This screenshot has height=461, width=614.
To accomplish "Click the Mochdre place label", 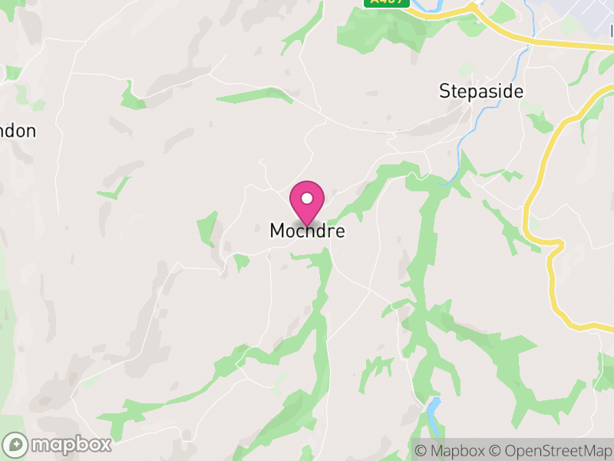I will (307, 230).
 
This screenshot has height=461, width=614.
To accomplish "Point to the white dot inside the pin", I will (307, 198).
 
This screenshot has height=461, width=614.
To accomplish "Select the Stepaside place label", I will (480, 91).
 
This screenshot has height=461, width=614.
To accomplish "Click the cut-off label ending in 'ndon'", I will (17, 131).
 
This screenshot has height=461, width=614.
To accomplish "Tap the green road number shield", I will (385, 2).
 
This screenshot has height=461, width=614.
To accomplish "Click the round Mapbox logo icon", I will (16, 444).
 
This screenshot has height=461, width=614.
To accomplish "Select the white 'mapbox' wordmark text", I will (71, 444).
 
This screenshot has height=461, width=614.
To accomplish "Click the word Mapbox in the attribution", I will (457, 450).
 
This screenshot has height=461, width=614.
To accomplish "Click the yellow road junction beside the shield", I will (474, 7).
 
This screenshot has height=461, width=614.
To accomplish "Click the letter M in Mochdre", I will (277, 230).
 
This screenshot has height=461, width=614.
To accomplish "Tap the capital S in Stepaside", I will (444, 91).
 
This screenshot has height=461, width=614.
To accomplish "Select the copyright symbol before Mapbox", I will (421, 450).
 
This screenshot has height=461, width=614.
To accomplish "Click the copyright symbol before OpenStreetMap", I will (496, 450).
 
